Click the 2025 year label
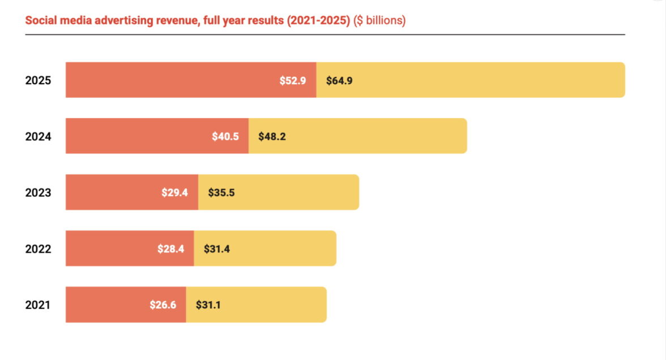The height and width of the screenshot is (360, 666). click(38, 80)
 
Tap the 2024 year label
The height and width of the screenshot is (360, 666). click(38, 136)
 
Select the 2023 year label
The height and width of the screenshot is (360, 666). click(38, 192)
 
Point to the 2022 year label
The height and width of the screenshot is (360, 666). click(38, 248)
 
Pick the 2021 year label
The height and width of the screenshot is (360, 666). click(38, 305)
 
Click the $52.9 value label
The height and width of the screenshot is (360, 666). click(293, 80)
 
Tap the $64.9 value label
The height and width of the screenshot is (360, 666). click(339, 80)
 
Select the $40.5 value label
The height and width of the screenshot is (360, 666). click(225, 136)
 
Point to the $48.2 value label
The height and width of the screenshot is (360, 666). click(272, 136)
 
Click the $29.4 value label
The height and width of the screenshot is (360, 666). click(174, 192)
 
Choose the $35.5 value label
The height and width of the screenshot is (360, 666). click(221, 192)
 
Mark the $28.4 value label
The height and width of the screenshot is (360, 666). click(171, 248)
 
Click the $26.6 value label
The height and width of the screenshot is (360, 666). click(163, 305)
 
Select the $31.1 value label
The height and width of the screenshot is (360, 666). click(208, 305)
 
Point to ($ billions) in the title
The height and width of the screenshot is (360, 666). click(379, 21)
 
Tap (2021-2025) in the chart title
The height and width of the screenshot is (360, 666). click(319, 21)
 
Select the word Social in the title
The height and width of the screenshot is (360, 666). click(39, 21)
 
